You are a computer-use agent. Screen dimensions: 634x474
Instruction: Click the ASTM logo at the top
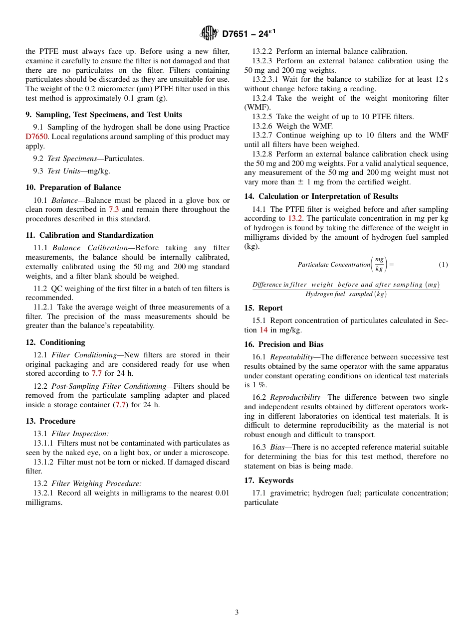click(x=209, y=33)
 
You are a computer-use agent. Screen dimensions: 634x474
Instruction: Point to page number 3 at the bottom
click(x=237, y=613)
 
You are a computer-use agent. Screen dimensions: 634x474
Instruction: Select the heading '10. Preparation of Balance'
click(x=73, y=187)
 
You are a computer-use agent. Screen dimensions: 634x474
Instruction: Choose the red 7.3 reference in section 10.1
click(x=114, y=209)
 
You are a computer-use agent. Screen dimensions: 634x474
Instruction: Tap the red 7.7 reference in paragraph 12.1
click(x=96, y=373)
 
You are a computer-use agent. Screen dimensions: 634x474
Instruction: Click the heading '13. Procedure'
click(x=50, y=421)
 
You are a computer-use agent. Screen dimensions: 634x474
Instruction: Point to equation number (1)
click(x=443, y=265)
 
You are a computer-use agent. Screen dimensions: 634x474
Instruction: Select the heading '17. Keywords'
click(x=268, y=480)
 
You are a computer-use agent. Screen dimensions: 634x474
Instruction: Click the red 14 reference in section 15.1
click(x=263, y=330)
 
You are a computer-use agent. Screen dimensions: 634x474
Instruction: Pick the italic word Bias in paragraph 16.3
click(x=277, y=447)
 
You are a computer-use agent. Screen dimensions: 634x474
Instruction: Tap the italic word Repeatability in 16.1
click(x=291, y=357)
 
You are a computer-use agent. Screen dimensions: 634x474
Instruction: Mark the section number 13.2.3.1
click(x=267, y=79)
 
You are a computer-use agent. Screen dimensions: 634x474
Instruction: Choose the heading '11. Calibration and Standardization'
click(x=89, y=235)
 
